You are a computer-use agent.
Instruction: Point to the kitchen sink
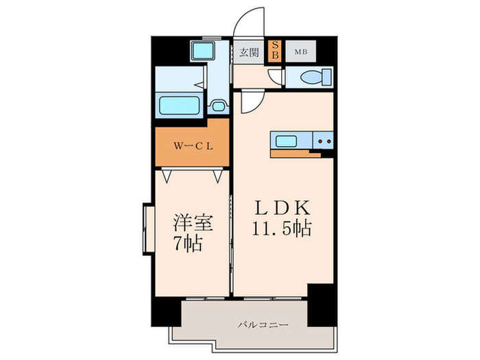pos(287,142)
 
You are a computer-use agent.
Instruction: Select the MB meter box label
pos(301,51)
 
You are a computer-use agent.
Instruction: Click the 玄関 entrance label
pos(249,52)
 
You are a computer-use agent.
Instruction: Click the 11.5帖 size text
pos(281,228)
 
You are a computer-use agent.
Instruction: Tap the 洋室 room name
pos(192,223)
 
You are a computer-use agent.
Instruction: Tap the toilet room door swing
pos(276,77)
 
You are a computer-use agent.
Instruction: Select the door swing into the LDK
pos(248,103)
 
